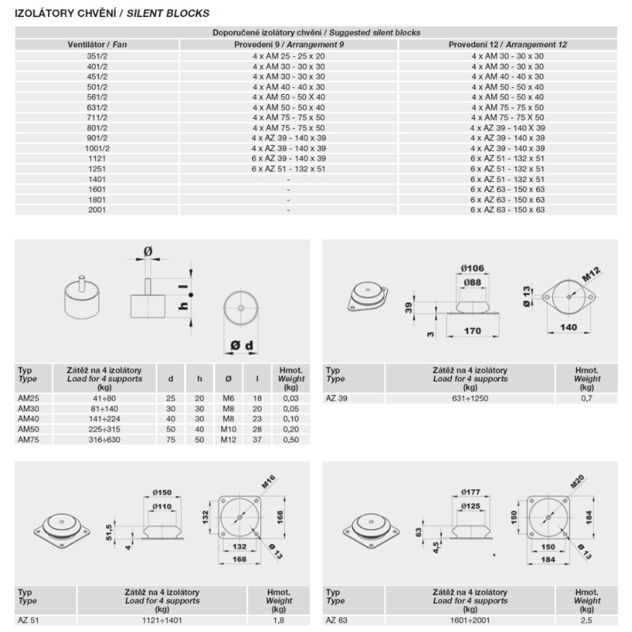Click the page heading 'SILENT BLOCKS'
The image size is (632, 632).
click(x=170, y=13)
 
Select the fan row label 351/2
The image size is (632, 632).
click(x=97, y=56)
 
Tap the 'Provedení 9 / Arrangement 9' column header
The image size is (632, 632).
click(x=288, y=45)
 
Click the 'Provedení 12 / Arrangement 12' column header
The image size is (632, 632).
click(x=507, y=45)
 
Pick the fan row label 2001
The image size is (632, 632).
click(x=97, y=210)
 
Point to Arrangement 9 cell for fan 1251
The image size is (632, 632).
click(x=288, y=169)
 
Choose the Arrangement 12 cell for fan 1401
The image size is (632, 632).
click(x=507, y=179)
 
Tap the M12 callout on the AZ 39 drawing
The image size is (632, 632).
click(x=591, y=276)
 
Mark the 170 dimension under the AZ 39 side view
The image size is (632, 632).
click(x=472, y=331)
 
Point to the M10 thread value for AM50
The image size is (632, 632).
click(x=228, y=428)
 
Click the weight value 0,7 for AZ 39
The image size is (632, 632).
click(x=586, y=398)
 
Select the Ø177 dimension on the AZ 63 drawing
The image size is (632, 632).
click(x=471, y=492)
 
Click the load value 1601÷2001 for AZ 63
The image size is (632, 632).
click(x=470, y=621)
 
